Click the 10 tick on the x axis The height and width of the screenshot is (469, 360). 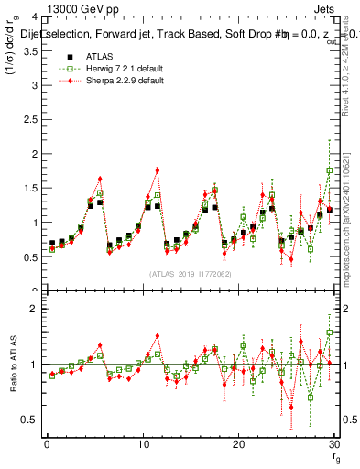tap(142, 445)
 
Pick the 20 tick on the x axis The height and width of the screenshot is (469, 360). tap(238, 445)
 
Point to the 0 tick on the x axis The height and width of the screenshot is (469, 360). tap(46, 445)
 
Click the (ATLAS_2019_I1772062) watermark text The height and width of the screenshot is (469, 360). tap(190, 273)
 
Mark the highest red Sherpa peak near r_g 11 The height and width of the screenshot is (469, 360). tap(158, 169)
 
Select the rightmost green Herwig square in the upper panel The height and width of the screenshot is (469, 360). tap(330, 170)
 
